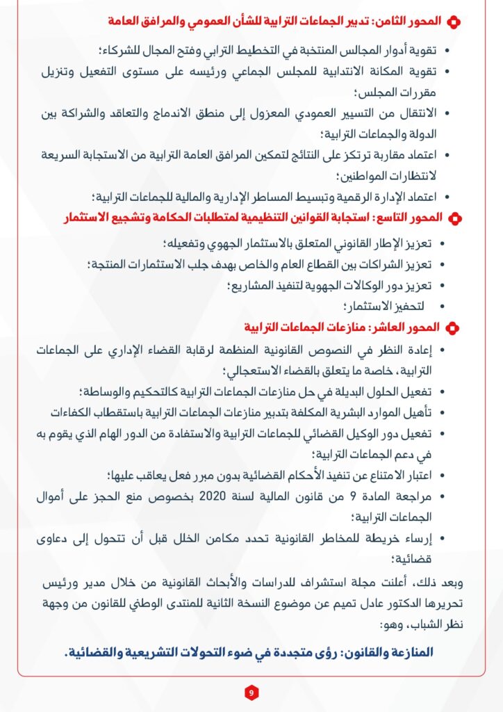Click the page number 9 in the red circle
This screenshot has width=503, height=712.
coord(251,693)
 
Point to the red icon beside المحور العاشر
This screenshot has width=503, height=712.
coord(452,327)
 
